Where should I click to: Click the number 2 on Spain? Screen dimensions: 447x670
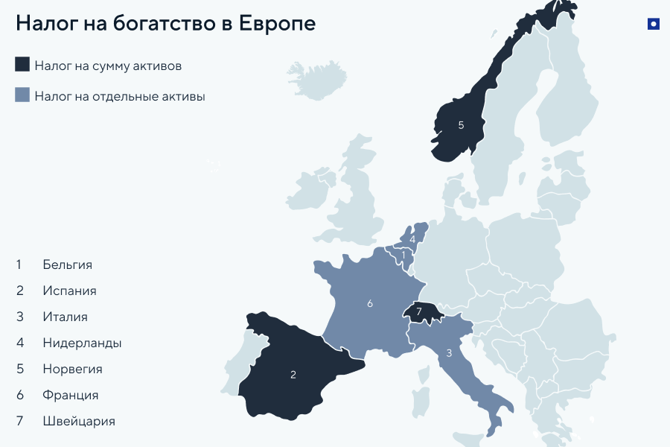coord(293,375)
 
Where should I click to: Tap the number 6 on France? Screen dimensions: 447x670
coord(370,303)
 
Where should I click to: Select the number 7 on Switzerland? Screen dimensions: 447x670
coord(419,311)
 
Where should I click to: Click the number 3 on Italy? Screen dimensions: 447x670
coord(449,353)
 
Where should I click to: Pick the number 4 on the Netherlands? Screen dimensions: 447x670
coord(412,239)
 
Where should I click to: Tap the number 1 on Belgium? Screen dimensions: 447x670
coord(403,255)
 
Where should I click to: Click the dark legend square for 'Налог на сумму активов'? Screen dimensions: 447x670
coord(22,65)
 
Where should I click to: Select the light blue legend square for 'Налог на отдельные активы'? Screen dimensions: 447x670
coord(22,95)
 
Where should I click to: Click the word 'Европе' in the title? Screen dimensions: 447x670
coord(278,23)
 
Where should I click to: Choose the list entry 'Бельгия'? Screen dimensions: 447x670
coord(68,264)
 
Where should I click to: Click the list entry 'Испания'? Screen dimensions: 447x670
coord(69,291)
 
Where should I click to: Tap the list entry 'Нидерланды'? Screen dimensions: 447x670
coord(82,343)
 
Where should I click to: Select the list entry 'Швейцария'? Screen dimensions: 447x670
coord(79,421)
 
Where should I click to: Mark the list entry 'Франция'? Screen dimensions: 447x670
coord(71,395)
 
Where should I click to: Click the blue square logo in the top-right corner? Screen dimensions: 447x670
coord(654,24)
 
